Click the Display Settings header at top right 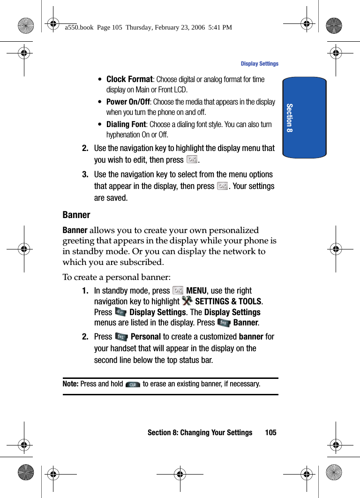pyautogui.click(x=259, y=64)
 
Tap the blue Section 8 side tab pyautogui.click(x=304, y=118)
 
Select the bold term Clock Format pyautogui.click(x=129, y=79)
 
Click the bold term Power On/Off pyautogui.click(x=128, y=102)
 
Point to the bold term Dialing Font pyautogui.click(x=126, y=124)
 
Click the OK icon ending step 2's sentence pyautogui.click(x=192, y=159)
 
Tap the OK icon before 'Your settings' pyautogui.click(x=223, y=186)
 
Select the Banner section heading pyautogui.click(x=76, y=215)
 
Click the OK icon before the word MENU pyautogui.click(x=178, y=291)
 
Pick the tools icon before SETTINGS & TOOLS pyautogui.click(x=187, y=301)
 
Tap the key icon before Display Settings pyautogui.click(x=120, y=312)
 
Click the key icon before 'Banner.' pyautogui.click(x=224, y=323)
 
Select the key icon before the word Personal pyautogui.click(x=121, y=337)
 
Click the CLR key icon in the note pyautogui.click(x=133, y=385)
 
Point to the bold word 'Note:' pyautogui.click(x=71, y=384)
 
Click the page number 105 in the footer pyautogui.click(x=270, y=432)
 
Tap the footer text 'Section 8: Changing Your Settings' pyautogui.click(x=200, y=432)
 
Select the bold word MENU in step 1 pyautogui.click(x=196, y=291)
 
